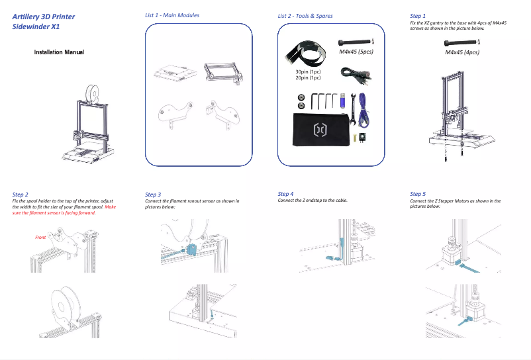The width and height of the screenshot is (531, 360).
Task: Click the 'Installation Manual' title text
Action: [x=58, y=52]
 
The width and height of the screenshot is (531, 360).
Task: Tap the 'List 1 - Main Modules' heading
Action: [x=172, y=15]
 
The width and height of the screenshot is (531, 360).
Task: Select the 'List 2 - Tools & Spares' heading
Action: [x=305, y=16]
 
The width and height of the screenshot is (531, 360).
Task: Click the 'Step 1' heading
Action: [x=418, y=15]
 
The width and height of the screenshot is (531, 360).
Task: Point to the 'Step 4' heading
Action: [x=285, y=194]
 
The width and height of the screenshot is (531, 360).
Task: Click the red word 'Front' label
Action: [x=40, y=236]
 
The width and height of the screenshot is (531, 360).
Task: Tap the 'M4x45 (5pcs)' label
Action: [x=356, y=51]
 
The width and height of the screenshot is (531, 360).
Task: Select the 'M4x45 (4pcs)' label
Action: [x=462, y=52]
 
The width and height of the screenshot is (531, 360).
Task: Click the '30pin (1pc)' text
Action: [x=308, y=71]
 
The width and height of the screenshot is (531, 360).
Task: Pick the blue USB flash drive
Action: [x=342, y=101]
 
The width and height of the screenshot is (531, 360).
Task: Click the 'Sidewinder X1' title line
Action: [x=36, y=27]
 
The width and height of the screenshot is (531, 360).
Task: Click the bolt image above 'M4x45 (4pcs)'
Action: [x=461, y=43]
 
